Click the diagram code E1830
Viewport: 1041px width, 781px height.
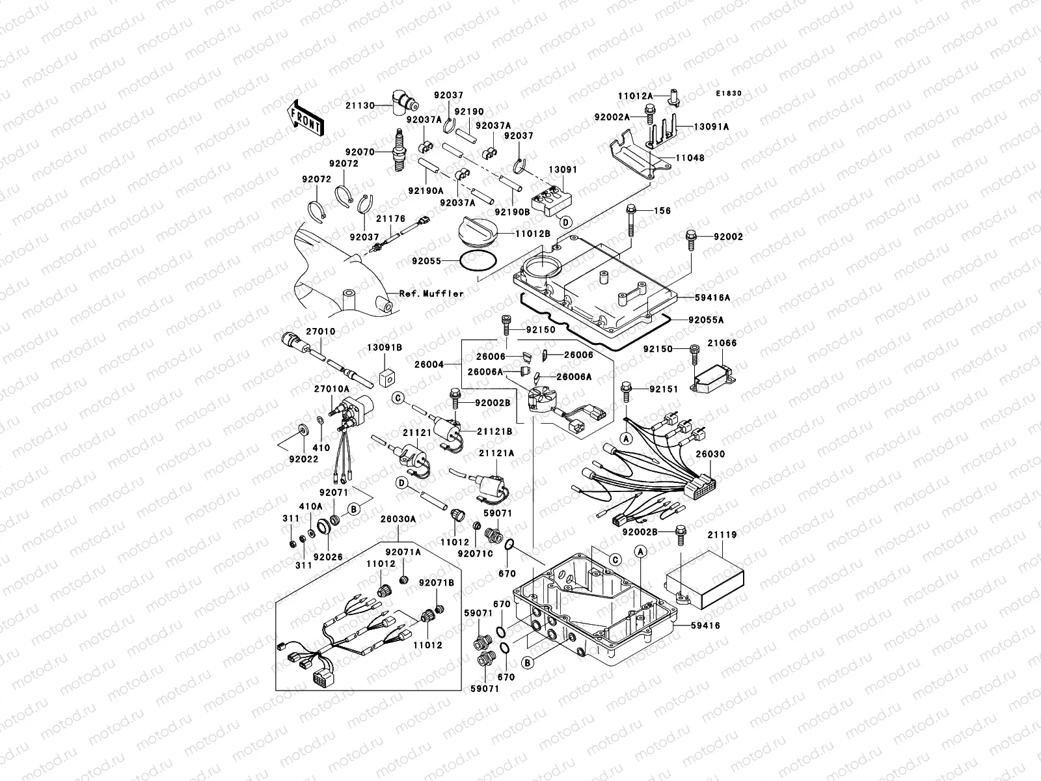(x=729, y=94)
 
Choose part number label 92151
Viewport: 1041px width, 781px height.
(x=664, y=389)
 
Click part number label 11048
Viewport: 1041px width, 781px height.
(x=690, y=158)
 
